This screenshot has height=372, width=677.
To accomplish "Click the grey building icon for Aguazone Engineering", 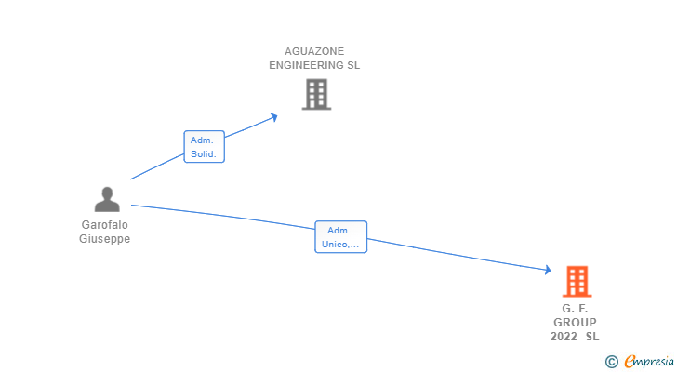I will [x=316, y=94].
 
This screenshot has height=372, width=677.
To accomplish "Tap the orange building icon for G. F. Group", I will [x=577, y=281].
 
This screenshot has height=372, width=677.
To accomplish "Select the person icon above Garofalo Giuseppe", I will [x=107, y=199].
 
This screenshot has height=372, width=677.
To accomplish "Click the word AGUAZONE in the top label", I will [x=314, y=51].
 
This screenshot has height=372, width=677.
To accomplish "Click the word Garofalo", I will [x=105, y=224].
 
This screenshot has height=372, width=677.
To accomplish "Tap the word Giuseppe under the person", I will [x=105, y=238].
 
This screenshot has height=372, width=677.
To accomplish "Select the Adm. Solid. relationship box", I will [x=205, y=147].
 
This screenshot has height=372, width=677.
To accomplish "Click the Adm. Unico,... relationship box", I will [x=341, y=237].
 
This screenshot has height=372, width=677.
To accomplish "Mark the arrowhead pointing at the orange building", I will [x=548, y=271].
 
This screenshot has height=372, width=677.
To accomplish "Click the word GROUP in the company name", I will [x=575, y=322].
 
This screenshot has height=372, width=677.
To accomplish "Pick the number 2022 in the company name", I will [x=564, y=336].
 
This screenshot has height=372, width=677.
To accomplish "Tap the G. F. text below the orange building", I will [x=575, y=308].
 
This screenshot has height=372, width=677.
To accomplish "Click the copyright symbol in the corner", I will [x=611, y=362].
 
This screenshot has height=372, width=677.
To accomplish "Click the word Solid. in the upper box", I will [x=205, y=154].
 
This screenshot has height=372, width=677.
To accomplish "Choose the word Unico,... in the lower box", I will [x=341, y=245].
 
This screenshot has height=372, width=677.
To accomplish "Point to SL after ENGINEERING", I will [x=352, y=66].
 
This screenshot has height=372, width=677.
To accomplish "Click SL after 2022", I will [x=592, y=336].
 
